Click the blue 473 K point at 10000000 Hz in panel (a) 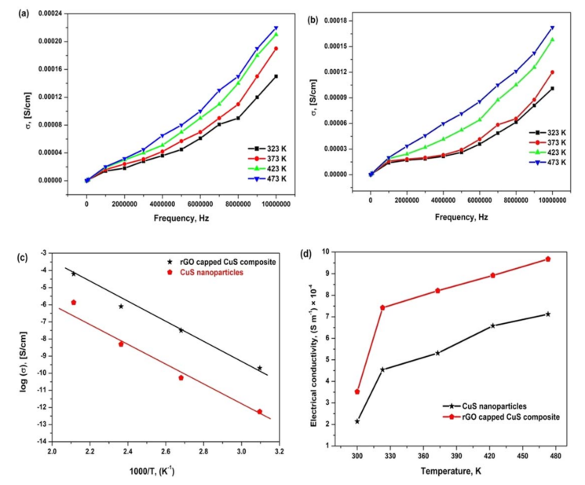pyautogui.click(x=276, y=28)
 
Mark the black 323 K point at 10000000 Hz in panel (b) pyautogui.click(x=552, y=88)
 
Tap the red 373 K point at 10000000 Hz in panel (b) pyautogui.click(x=552, y=72)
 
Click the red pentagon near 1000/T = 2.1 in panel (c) pyautogui.click(x=74, y=302)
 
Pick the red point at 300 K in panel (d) pyautogui.click(x=357, y=391)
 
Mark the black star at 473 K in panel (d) pyautogui.click(x=548, y=314)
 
